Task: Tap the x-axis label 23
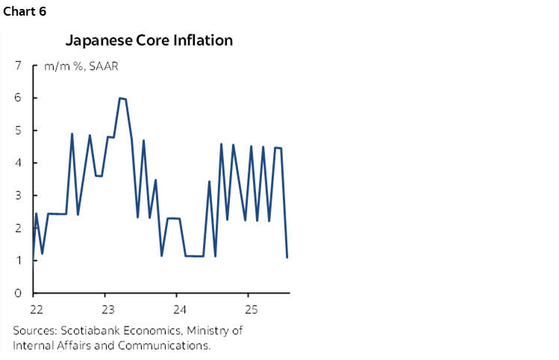107,308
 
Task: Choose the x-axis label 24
178,308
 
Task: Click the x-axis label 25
251,308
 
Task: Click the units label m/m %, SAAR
81,66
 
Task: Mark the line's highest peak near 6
120,98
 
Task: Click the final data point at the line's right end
287,257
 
